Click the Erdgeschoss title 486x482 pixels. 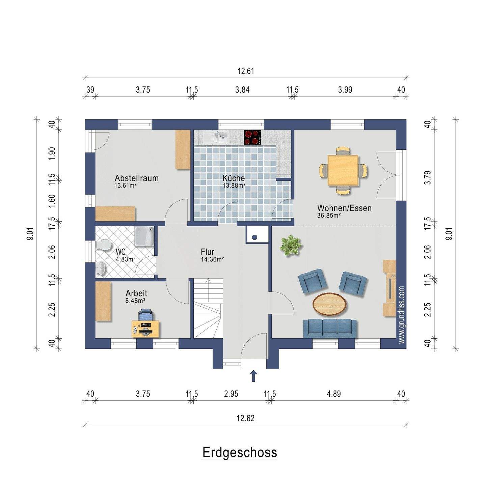(x=240, y=452)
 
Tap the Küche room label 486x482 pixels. (x=234, y=178)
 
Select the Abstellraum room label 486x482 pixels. (x=136, y=178)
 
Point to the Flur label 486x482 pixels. (x=208, y=252)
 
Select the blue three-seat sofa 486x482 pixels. (x=330, y=328)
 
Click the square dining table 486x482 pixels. (x=343, y=170)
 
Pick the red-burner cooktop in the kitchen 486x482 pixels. (x=253, y=137)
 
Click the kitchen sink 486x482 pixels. (x=216, y=137)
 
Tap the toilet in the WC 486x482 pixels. (x=103, y=245)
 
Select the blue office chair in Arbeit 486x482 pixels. (x=146, y=316)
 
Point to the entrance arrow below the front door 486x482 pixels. (x=253, y=376)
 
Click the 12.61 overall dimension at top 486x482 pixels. (x=246, y=71)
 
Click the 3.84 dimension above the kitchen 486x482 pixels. (x=242, y=90)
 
